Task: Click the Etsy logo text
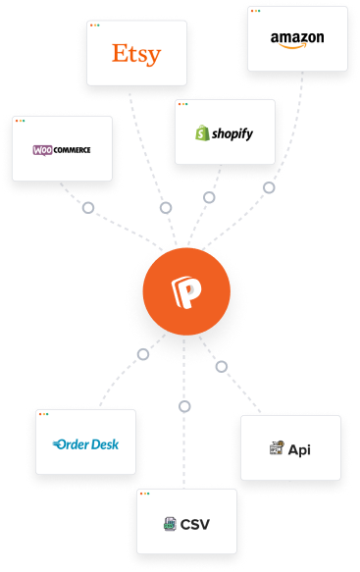[136, 53]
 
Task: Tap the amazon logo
[297, 39]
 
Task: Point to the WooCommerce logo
[62, 149]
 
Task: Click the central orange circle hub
[185, 292]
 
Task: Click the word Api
[299, 449]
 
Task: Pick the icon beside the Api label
[277, 449]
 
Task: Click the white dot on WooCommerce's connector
[88, 208]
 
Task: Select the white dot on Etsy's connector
[166, 208]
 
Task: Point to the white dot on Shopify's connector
[209, 198]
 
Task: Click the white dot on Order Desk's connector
[144, 353]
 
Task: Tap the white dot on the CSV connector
[184, 406]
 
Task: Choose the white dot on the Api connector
[221, 366]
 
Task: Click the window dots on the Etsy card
[95, 24]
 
